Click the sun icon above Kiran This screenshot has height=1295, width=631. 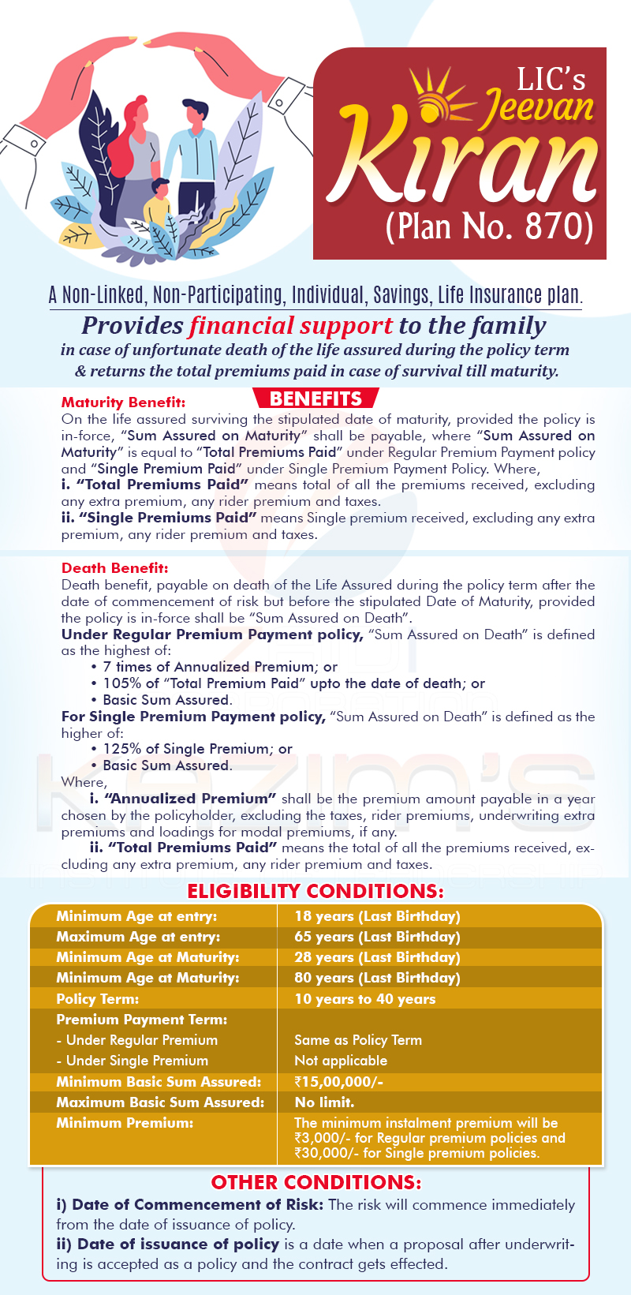point(435,96)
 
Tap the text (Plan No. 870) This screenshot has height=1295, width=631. point(489,226)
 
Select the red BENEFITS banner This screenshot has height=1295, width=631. point(315,399)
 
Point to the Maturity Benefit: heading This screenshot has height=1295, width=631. point(124,402)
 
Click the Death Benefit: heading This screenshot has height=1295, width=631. point(115,568)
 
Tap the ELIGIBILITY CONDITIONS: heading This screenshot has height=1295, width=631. point(315,892)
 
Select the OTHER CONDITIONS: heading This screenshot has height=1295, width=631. point(315,1182)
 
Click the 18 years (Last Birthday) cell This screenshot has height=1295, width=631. point(377,916)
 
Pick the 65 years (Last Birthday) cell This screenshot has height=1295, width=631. point(377,937)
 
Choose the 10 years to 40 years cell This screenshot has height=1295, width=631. point(364,999)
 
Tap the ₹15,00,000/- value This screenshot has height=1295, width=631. point(338,1082)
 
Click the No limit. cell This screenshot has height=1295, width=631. point(324,1102)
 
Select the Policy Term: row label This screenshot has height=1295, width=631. point(97,999)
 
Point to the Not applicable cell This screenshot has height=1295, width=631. point(341,1061)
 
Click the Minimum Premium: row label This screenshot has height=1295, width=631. point(125,1123)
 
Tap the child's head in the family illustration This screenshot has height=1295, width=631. point(161,189)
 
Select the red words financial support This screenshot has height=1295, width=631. point(290,325)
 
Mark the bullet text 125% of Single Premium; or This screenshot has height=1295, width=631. point(197,749)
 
